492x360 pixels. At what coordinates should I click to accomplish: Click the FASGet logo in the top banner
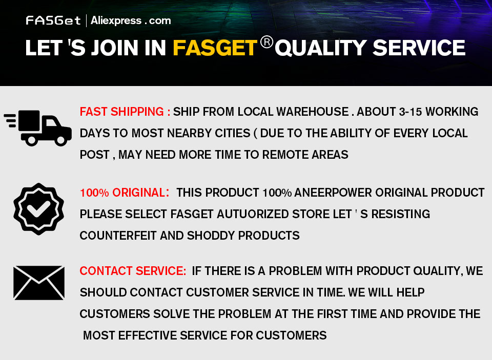[53, 20]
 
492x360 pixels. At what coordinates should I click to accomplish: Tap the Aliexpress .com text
[131, 20]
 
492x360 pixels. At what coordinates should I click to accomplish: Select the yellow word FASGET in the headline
[215, 48]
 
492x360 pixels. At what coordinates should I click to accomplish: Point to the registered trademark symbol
[266, 42]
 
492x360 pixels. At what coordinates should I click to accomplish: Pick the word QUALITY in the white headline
[320, 48]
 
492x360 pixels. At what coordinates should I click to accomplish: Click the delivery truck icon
[37, 128]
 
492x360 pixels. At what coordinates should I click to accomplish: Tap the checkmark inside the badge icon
[38, 209]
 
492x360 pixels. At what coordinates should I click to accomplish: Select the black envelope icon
[39, 283]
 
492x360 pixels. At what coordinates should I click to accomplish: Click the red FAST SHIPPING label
[125, 112]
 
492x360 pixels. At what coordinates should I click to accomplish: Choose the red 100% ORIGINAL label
[125, 193]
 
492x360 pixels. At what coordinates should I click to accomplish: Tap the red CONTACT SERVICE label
[133, 270]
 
